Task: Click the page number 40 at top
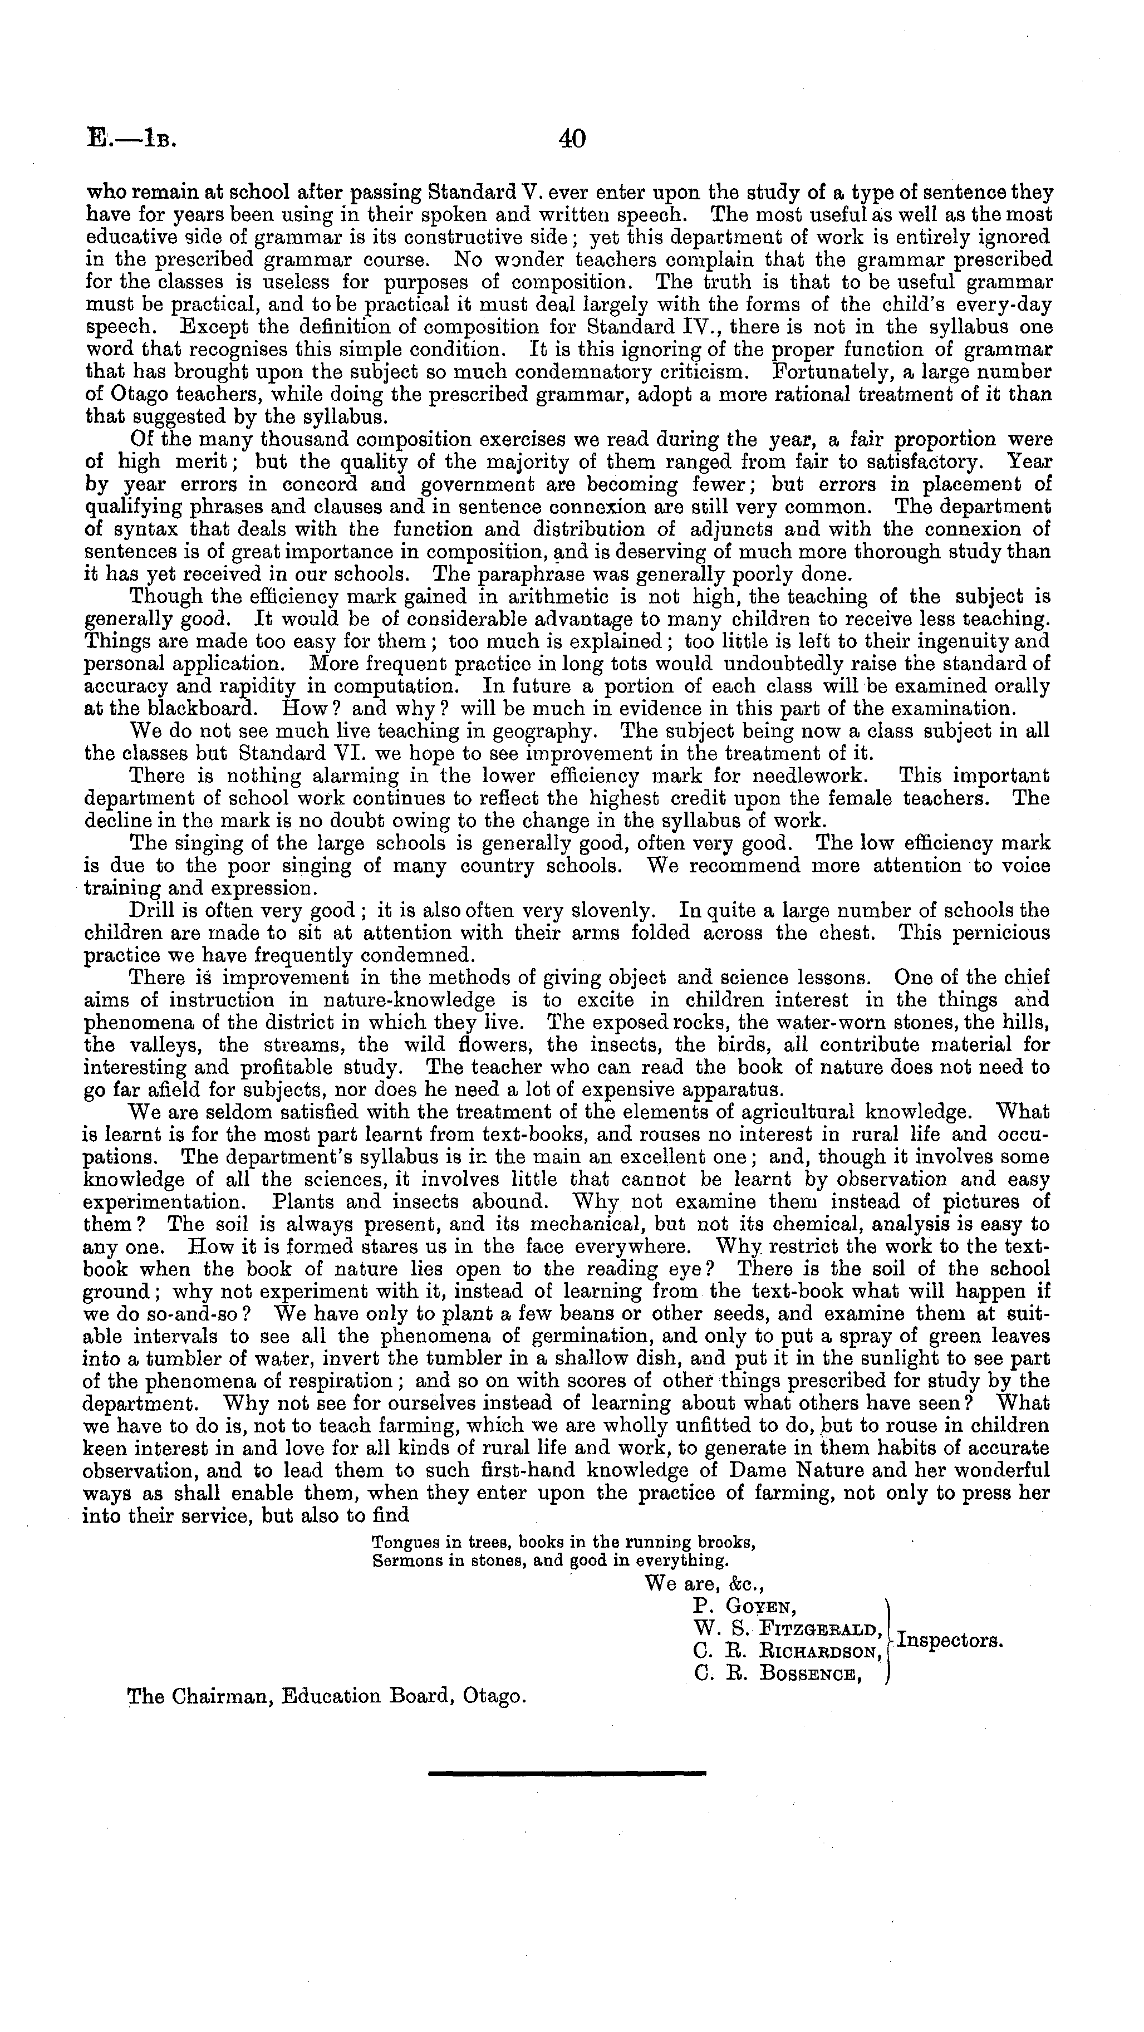[571, 140]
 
